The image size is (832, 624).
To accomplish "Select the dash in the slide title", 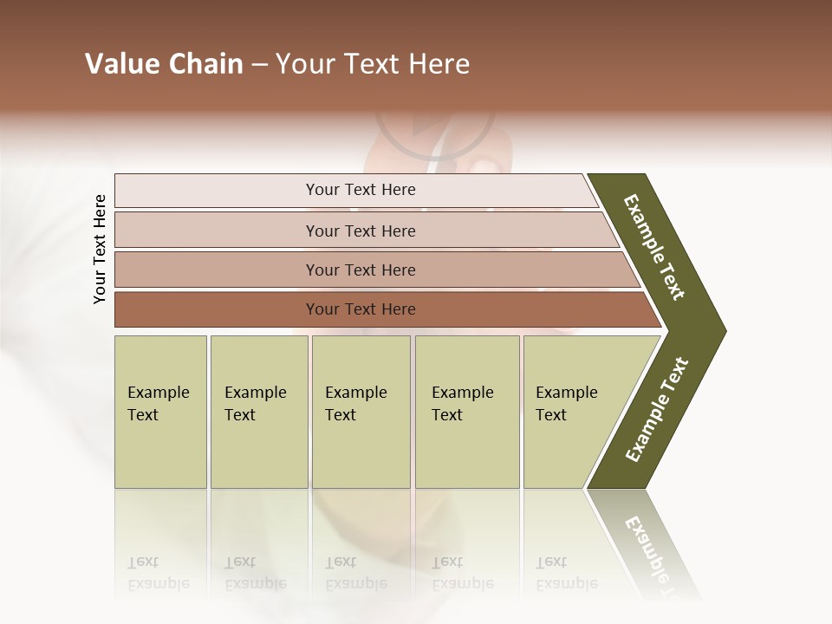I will click(259, 65).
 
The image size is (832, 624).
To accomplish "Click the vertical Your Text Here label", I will click(100, 249).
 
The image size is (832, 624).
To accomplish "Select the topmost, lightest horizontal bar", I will click(355, 190).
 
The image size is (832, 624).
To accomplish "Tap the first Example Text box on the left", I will click(160, 412).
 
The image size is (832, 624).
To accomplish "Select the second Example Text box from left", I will click(258, 412).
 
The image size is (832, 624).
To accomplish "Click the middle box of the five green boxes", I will click(361, 412).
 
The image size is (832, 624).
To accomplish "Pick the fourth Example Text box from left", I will click(466, 412).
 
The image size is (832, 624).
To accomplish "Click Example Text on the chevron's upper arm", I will click(654, 247).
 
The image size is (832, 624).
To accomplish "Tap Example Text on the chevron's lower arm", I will click(657, 409).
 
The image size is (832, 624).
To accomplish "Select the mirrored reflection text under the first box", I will click(159, 573).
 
